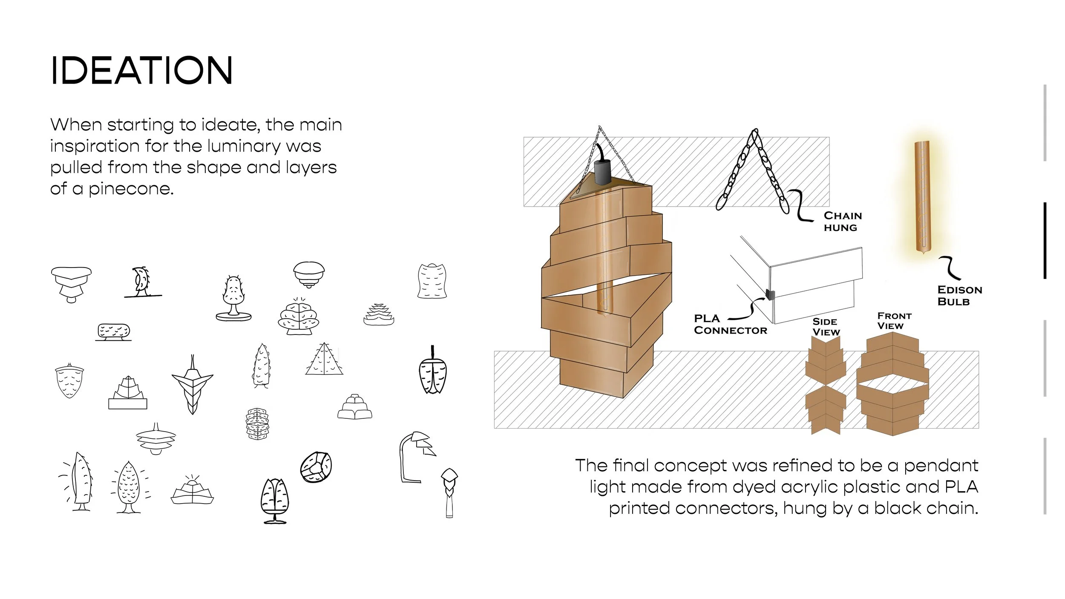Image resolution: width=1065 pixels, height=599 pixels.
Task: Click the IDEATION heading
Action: (141, 70)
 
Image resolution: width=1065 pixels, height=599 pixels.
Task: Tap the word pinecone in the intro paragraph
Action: (130, 189)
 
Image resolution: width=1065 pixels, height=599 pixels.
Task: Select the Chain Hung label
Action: (843, 222)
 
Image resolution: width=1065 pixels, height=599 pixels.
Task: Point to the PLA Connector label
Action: (730, 324)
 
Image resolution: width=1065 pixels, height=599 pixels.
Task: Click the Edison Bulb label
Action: (960, 296)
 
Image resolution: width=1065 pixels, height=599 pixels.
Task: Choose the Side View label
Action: (826, 327)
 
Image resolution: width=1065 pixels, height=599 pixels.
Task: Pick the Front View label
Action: (894, 321)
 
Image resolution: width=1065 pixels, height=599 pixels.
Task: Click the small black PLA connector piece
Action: (770, 294)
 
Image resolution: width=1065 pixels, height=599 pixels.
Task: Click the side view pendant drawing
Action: (825, 386)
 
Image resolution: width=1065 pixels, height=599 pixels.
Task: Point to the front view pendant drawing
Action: (892, 383)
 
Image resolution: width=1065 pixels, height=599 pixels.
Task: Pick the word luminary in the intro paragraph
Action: (244, 146)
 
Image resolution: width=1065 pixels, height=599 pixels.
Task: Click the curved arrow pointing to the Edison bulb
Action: (949, 268)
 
